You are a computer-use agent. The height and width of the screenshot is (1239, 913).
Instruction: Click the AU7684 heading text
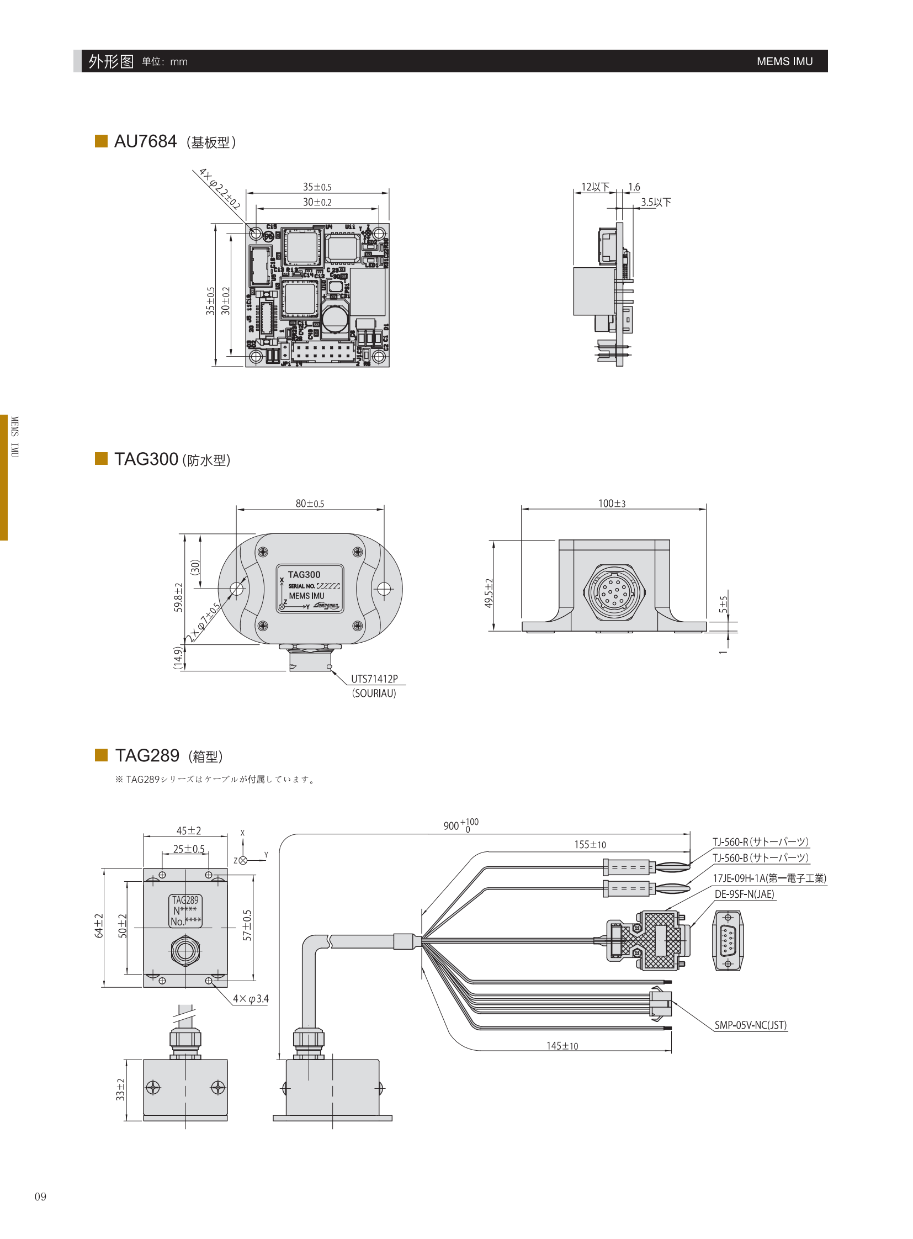point(145,141)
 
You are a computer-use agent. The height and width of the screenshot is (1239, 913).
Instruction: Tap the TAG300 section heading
point(146,459)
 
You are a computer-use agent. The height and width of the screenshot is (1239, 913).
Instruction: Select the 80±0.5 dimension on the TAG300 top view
point(310,504)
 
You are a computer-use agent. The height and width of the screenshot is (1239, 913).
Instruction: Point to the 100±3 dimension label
point(612,504)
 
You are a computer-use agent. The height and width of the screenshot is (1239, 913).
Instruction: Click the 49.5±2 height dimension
point(489,593)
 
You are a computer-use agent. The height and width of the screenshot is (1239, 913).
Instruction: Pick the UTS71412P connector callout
point(374,679)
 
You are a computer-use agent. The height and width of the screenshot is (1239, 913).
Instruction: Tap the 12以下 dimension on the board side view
point(594,187)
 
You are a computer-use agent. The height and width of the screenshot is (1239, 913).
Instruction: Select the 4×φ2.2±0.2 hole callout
point(219,188)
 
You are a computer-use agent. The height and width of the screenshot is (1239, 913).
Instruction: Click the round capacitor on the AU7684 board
point(335,318)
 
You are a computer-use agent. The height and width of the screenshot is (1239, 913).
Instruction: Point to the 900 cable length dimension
point(460,825)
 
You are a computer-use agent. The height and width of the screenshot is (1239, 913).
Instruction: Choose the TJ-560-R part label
point(761,842)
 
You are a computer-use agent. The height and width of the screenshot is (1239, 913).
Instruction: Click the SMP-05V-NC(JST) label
point(750,1025)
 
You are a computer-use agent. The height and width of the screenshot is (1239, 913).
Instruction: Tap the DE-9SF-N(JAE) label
point(744,894)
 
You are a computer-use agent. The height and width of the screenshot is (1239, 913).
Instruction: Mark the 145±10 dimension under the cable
point(562,1046)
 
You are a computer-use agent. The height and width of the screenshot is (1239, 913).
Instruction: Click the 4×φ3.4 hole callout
point(251,998)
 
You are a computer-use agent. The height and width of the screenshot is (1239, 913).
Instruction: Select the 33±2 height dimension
point(120,1089)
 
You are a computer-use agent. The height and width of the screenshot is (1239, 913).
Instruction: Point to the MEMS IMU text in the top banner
point(784,61)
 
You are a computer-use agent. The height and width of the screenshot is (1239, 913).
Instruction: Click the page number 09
point(40,1197)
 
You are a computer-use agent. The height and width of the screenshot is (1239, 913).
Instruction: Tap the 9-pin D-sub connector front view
point(728,940)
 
